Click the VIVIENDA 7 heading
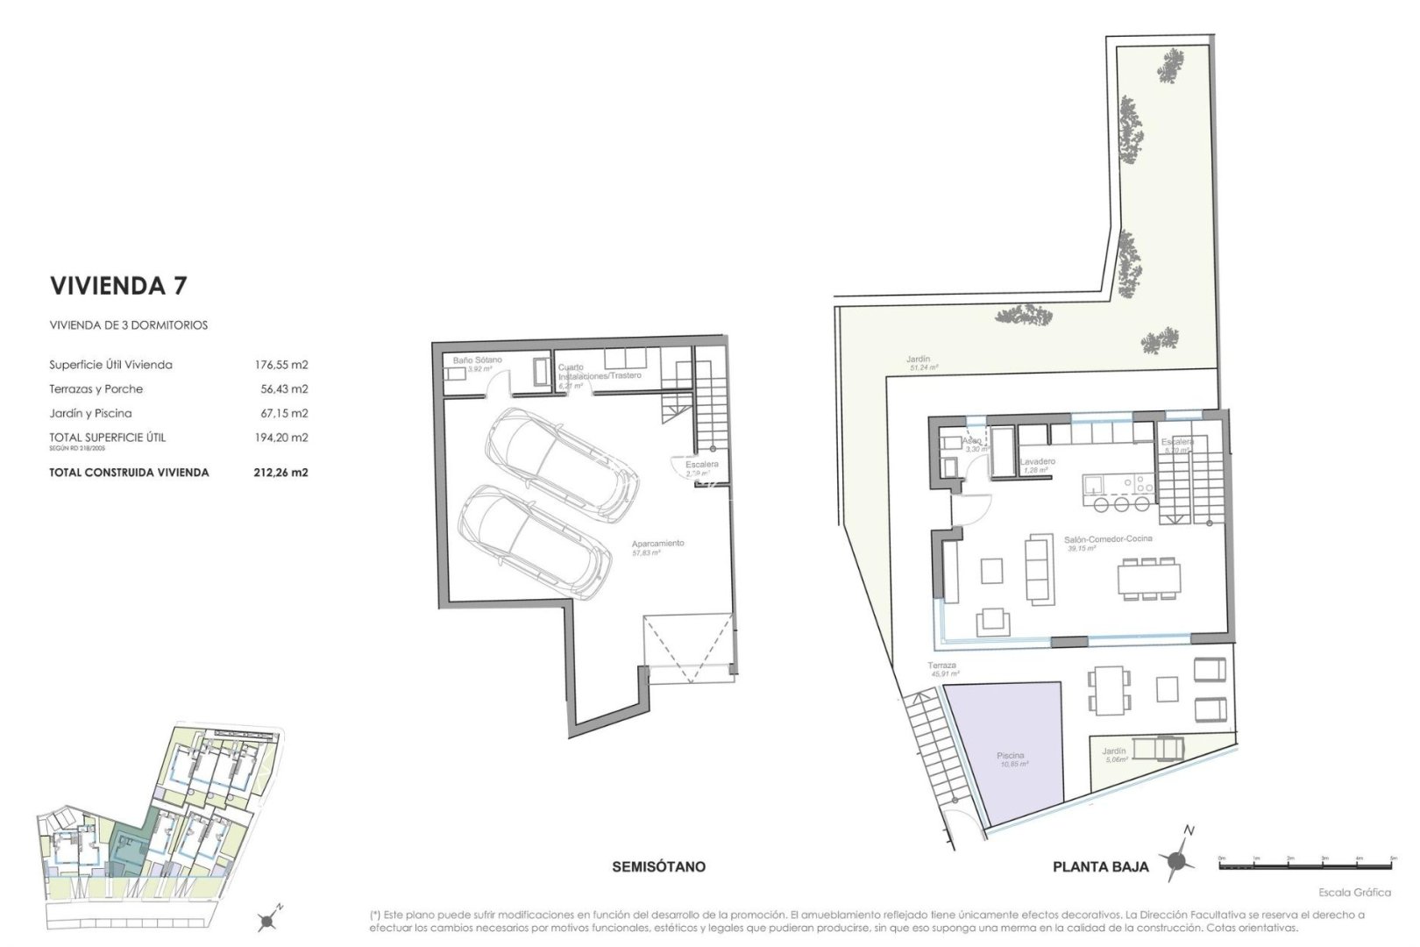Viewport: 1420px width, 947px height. [x=119, y=286]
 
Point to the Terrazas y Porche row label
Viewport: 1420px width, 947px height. [x=96, y=389]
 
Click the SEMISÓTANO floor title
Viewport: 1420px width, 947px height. [x=658, y=867]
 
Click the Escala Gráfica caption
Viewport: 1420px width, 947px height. [x=1354, y=893]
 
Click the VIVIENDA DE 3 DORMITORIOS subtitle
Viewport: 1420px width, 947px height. [x=128, y=325]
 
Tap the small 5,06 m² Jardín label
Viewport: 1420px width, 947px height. [x=1115, y=755]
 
